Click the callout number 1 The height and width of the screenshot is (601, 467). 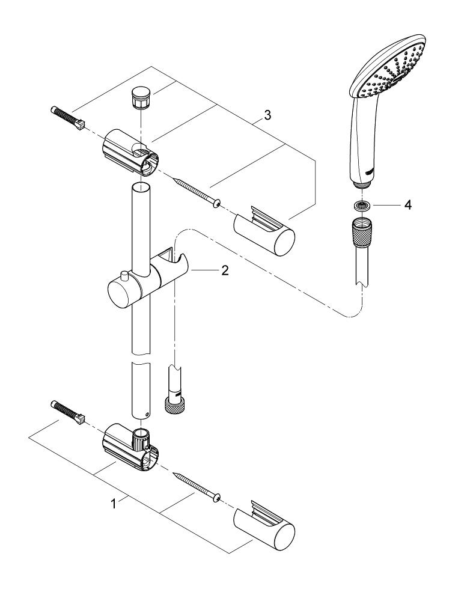(113, 504)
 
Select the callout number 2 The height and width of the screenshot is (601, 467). (225, 271)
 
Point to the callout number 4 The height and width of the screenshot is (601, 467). (408, 205)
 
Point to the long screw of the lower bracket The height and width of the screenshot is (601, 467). (197, 486)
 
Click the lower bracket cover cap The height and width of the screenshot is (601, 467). (264, 524)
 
